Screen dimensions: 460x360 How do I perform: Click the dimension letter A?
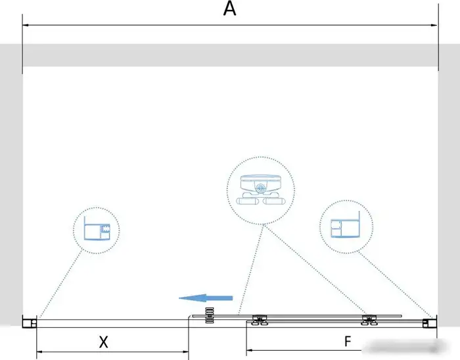pyautogui.click(x=229, y=9)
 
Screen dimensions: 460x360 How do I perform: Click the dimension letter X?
pyautogui.click(x=103, y=342)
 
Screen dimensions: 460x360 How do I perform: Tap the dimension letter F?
pyautogui.click(x=348, y=341)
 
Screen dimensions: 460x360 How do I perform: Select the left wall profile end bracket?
pyautogui.click(x=30, y=323)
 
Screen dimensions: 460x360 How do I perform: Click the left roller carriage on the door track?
pyautogui.click(x=260, y=320)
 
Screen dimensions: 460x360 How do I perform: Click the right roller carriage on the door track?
pyautogui.click(x=369, y=320)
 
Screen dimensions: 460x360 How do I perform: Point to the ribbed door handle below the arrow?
pyautogui.click(x=210, y=315)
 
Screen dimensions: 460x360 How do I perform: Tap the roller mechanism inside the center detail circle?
pyautogui.click(x=260, y=189)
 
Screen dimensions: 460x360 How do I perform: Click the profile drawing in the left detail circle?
pyautogui.click(x=97, y=229)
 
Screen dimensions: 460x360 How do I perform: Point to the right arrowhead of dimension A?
pyautogui.click(x=434, y=25)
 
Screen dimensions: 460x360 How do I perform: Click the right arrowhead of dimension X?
pyautogui.click(x=185, y=351)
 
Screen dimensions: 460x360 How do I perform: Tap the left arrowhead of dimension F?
pyautogui.click(x=250, y=349)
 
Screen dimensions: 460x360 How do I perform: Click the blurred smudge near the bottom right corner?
pyautogui.click(x=405, y=348)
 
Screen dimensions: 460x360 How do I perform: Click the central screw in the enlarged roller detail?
pyautogui.click(x=260, y=188)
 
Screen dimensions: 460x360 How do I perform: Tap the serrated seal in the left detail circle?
pyautogui.click(x=105, y=229)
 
